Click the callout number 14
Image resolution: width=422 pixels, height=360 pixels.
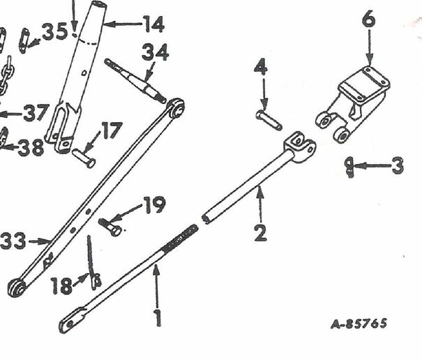pos(153,24)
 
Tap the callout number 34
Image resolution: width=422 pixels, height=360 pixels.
pos(156,52)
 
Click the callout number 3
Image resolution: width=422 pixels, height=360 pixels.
pos(398,165)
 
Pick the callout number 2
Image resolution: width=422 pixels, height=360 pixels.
pos(260,232)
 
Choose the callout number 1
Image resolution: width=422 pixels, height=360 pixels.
pos(157,318)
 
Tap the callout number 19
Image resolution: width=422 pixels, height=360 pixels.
pos(154,204)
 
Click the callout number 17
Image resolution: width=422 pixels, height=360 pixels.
pos(112,130)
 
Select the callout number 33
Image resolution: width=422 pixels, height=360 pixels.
pos(13,241)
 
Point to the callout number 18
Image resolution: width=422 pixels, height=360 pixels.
pos(61,285)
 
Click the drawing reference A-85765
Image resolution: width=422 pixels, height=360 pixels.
pos(359,324)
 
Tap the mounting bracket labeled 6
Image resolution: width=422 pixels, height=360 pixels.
pos(352,104)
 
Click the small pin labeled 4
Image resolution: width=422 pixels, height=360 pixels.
pos(269,120)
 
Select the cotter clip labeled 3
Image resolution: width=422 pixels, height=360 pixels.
pos(349,167)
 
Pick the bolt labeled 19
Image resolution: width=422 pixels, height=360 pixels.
pos(110,227)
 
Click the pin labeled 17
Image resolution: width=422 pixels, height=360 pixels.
pos(84,158)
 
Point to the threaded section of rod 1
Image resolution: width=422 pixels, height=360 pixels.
pos(181,239)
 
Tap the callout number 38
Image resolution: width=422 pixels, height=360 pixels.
pos(31,147)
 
